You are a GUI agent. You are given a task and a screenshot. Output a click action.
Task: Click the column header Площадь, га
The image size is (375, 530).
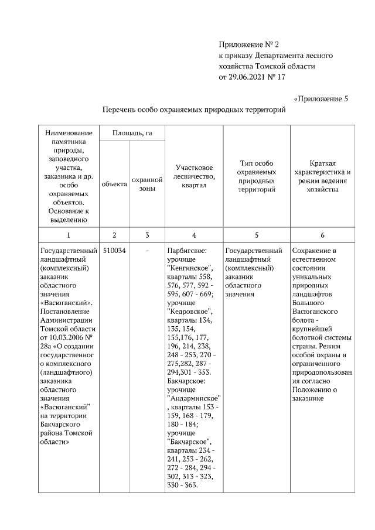click(x=132, y=134)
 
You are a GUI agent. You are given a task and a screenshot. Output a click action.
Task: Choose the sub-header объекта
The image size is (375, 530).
click(x=114, y=184)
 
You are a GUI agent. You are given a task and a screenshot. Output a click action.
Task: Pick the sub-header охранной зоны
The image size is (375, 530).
click(x=147, y=184)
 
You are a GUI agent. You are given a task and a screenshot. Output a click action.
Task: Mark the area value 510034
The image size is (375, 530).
click(x=114, y=251)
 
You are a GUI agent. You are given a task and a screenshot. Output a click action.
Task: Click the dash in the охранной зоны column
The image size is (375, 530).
click(x=147, y=251)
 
